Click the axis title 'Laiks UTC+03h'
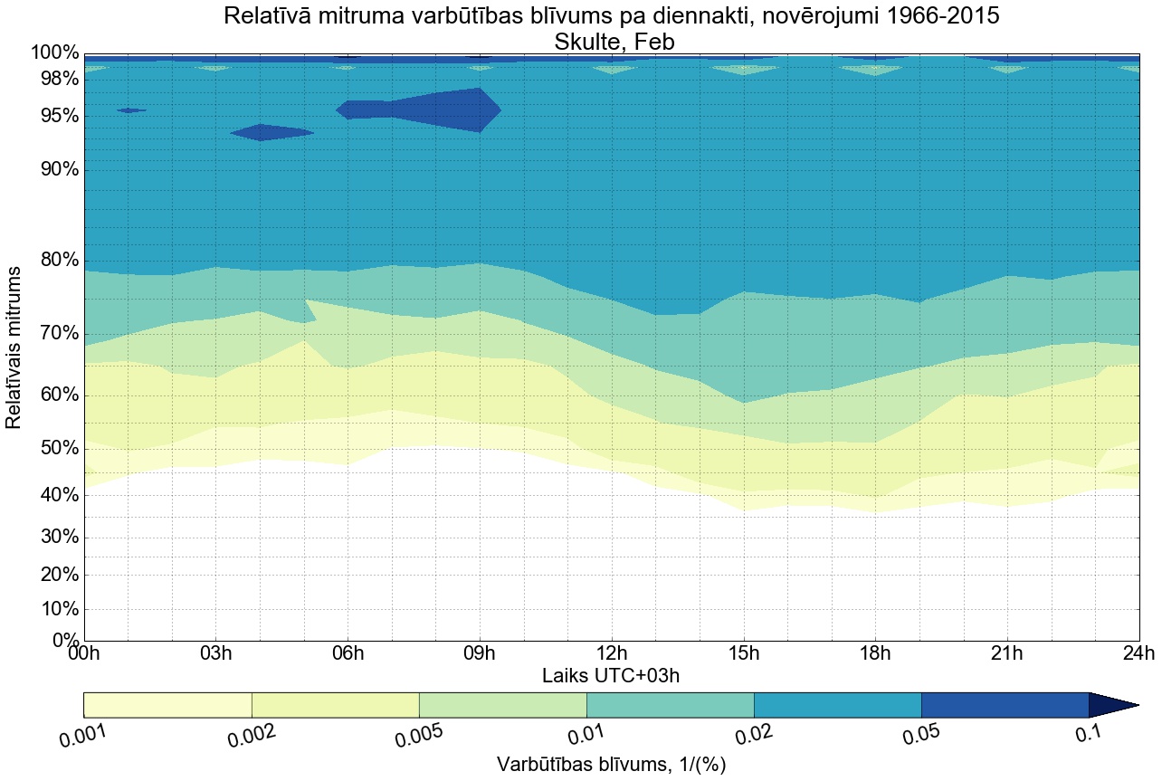612,675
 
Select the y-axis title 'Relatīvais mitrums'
14,348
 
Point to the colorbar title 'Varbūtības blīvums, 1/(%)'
612,765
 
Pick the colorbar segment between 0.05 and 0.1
1005,705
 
